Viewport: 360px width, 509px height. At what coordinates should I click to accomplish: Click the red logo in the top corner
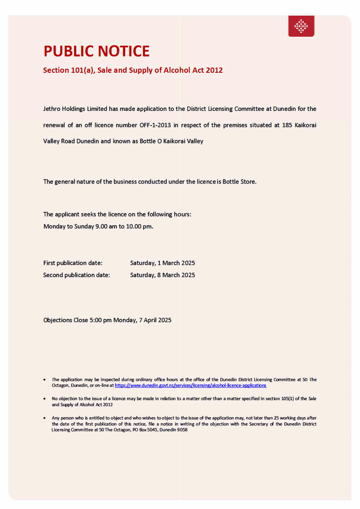pyautogui.click(x=301, y=26)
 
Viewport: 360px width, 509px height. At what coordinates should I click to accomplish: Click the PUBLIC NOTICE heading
pyautogui.click(x=97, y=51)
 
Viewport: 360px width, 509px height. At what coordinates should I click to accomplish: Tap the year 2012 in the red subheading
pyautogui.click(x=214, y=70)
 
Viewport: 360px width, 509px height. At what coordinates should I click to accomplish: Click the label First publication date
pyautogui.click(x=72, y=263)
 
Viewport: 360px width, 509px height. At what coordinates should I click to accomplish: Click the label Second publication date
pyautogui.click(x=76, y=276)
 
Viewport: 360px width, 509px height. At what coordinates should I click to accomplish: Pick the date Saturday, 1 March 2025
pyautogui.click(x=163, y=263)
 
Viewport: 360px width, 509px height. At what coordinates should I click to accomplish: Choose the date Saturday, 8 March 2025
pyautogui.click(x=163, y=276)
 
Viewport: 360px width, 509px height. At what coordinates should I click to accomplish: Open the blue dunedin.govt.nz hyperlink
pyautogui.click(x=190, y=385)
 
